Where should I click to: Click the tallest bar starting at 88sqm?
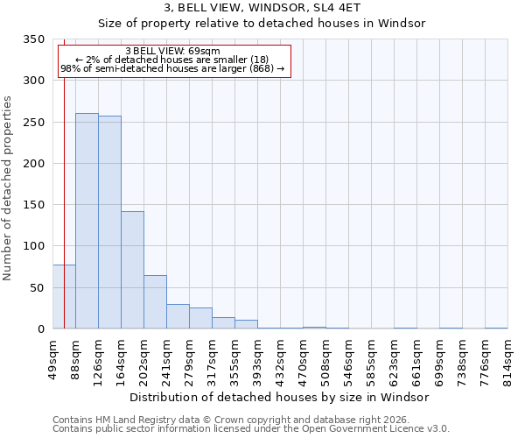(x=87, y=221)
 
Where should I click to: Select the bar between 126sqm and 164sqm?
(x=109, y=223)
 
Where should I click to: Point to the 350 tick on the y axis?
(x=32, y=39)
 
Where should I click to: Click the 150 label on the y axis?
(x=32, y=205)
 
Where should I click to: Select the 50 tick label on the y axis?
(x=36, y=287)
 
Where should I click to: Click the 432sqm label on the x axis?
(x=281, y=357)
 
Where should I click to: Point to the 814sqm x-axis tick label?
(x=508, y=357)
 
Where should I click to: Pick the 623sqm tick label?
(x=395, y=357)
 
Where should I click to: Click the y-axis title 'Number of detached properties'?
(x=9, y=188)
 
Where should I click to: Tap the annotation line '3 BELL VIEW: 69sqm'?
(x=173, y=51)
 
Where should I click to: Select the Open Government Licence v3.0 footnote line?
(x=250, y=428)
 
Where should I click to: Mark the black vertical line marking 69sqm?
(x=64, y=175)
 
